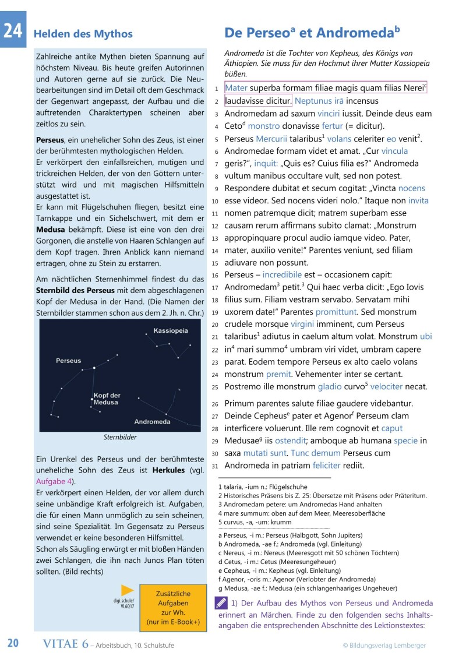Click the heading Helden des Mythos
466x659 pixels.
tap(83, 34)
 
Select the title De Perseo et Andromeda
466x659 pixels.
tap(312, 31)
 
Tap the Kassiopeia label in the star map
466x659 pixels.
tap(171, 331)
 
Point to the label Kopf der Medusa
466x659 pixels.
tap(107, 399)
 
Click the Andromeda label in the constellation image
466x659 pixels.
tap(152, 421)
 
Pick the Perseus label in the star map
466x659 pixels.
tap(68, 361)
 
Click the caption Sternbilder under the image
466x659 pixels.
tap(119, 437)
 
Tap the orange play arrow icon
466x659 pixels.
tap(127, 591)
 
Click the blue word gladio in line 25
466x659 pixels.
tap(330, 386)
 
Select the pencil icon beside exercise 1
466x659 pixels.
tap(221, 602)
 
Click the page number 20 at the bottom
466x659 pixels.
tap(13, 643)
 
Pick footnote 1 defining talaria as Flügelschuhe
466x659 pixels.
tap(263, 487)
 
